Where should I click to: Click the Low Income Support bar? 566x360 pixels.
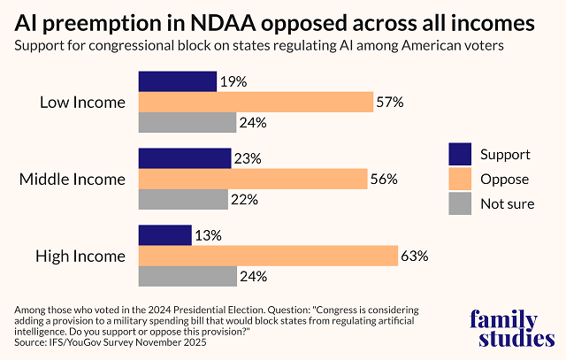click(x=177, y=81)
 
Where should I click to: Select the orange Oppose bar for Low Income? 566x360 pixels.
click(x=256, y=102)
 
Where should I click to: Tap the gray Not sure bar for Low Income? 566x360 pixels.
click(x=187, y=123)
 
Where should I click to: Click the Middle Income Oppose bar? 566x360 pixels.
click(x=253, y=179)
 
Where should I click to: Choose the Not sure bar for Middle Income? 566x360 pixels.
click(x=182, y=199)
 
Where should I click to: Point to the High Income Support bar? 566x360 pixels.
click(x=164, y=235)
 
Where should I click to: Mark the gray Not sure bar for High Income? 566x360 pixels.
click(x=187, y=276)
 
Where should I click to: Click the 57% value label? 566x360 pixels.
click(x=390, y=103)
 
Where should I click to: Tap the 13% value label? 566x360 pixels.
click(x=209, y=235)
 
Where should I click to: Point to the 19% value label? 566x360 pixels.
click(x=233, y=82)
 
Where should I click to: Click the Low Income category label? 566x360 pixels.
click(x=83, y=103)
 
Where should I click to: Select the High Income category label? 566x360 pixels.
click(x=80, y=257)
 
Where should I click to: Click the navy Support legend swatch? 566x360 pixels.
click(x=460, y=154)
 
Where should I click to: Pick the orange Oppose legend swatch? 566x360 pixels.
click(x=460, y=179)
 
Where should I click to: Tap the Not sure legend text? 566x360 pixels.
click(x=507, y=204)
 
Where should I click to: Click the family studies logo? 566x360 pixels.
click(x=512, y=327)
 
